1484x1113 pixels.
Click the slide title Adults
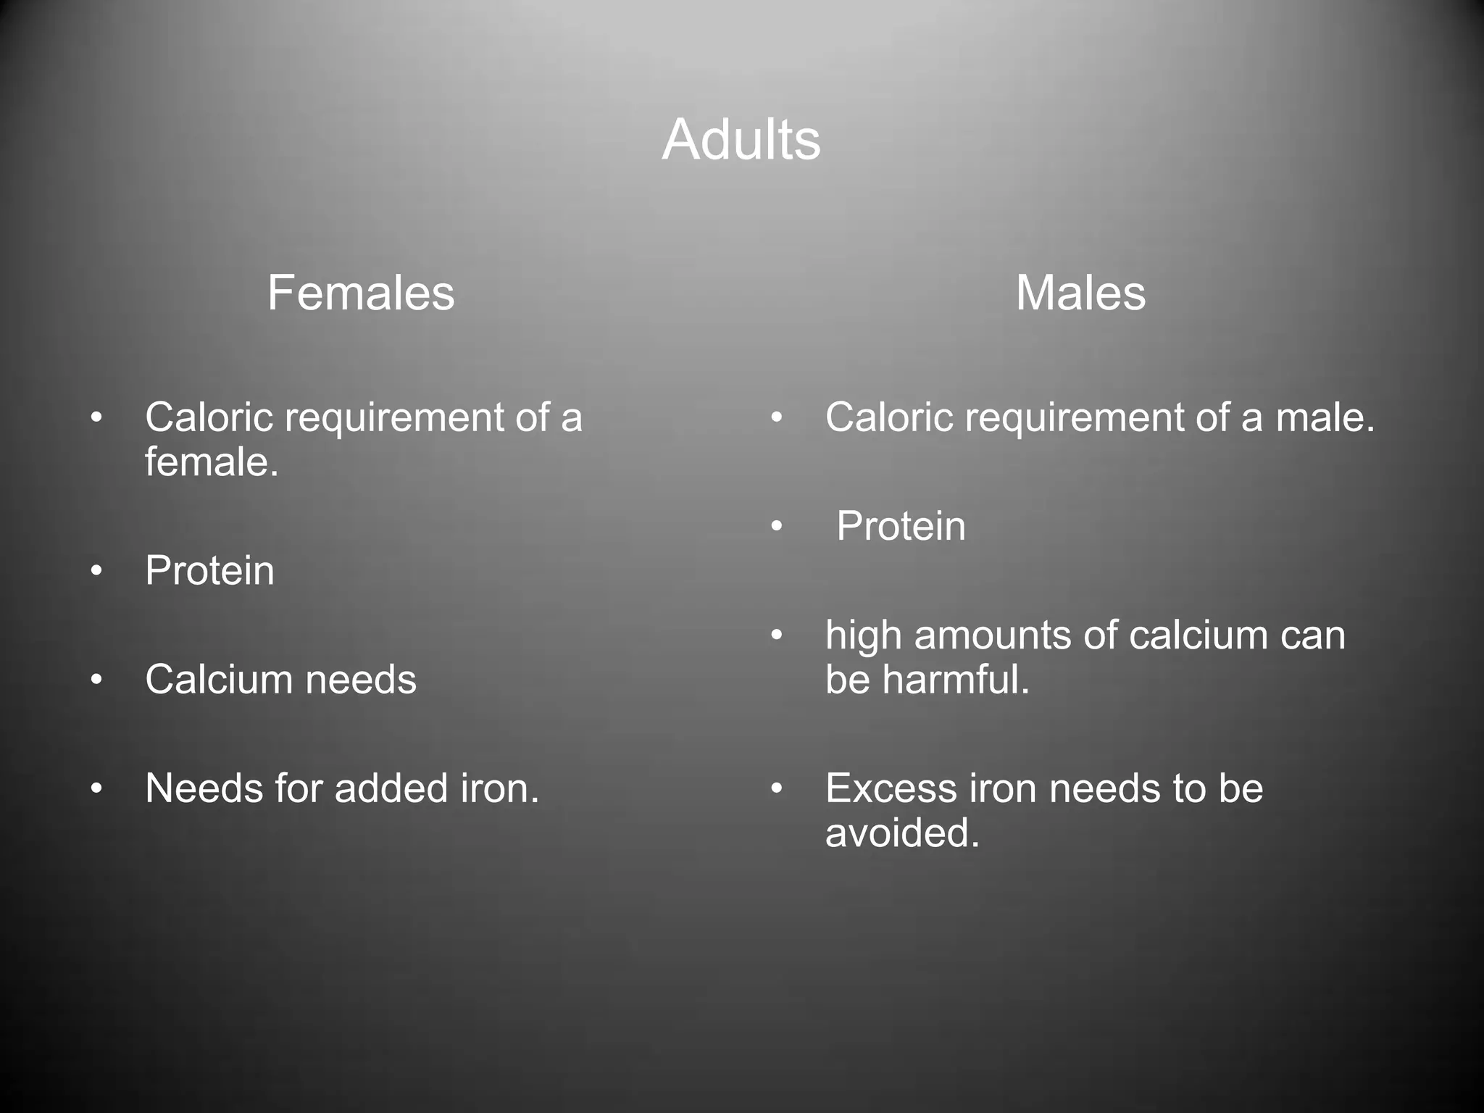point(741,140)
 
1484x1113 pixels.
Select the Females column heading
point(361,293)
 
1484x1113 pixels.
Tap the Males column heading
point(1080,293)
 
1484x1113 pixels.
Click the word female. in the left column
point(212,462)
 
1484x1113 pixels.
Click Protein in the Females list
point(209,571)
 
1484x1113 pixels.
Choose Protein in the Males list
point(901,526)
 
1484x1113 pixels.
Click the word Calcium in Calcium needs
point(218,680)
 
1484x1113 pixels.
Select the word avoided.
point(902,833)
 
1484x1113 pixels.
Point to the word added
point(391,788)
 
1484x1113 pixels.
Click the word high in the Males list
point(863,635)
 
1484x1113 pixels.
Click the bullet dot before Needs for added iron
point(96,788)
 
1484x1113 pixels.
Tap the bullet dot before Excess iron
point(777,788)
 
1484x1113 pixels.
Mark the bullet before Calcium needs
point(96,680)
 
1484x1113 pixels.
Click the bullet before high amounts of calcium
point(777,635)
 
